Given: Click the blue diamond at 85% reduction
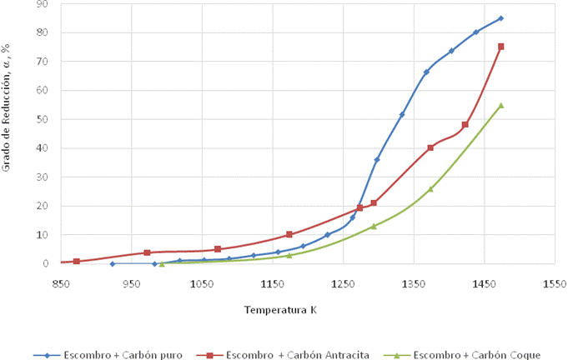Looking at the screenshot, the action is (x=501, y=18).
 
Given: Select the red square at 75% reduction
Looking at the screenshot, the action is (x=501, y=47).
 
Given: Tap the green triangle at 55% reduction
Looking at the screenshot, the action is (x=501, y=105).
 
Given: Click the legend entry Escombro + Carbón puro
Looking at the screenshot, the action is (x=108, y=355).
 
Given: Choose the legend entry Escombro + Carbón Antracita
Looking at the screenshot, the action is (x=283, y=355).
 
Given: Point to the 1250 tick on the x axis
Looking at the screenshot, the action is (x=343, y=284).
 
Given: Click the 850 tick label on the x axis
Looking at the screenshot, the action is (x=61, y=284).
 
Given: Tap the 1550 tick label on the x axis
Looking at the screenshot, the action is (x=555, y=284).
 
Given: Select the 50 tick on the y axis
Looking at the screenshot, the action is (x=43, y=119).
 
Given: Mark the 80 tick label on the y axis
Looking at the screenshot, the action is (x=43, y=32).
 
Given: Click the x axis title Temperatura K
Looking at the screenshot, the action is (x=280, y=310).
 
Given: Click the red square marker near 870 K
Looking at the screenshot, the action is (x=77, y=261).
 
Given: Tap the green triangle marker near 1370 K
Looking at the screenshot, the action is (x=430, y=189).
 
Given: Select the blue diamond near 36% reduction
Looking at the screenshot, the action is (x=377, y=159).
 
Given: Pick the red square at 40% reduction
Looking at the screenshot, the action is (x=430, y=147).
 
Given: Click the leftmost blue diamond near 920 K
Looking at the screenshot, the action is (x=113, y=264).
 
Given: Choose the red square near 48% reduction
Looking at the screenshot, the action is (x=465, y=125).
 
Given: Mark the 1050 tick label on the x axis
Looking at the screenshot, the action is (x=202, y=284).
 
